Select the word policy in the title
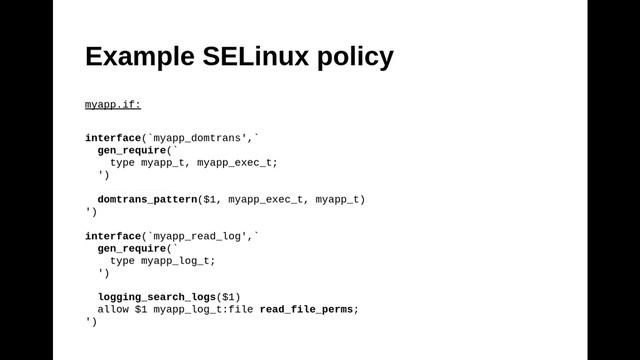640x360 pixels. pos(355,57)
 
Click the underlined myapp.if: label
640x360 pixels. pos(113,104)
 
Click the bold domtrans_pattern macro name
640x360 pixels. pos(147,199)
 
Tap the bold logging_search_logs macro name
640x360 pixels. pos(156,297)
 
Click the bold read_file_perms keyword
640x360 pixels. pos(307,309)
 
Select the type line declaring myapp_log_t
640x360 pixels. pos(162,260)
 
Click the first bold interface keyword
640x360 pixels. pos(113,138)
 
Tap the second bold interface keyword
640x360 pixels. pos(113,236)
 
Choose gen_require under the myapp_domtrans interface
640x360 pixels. pos(131,150)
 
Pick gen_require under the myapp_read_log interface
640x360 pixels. pos(131,248)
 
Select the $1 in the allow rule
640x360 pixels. pos(141,309)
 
